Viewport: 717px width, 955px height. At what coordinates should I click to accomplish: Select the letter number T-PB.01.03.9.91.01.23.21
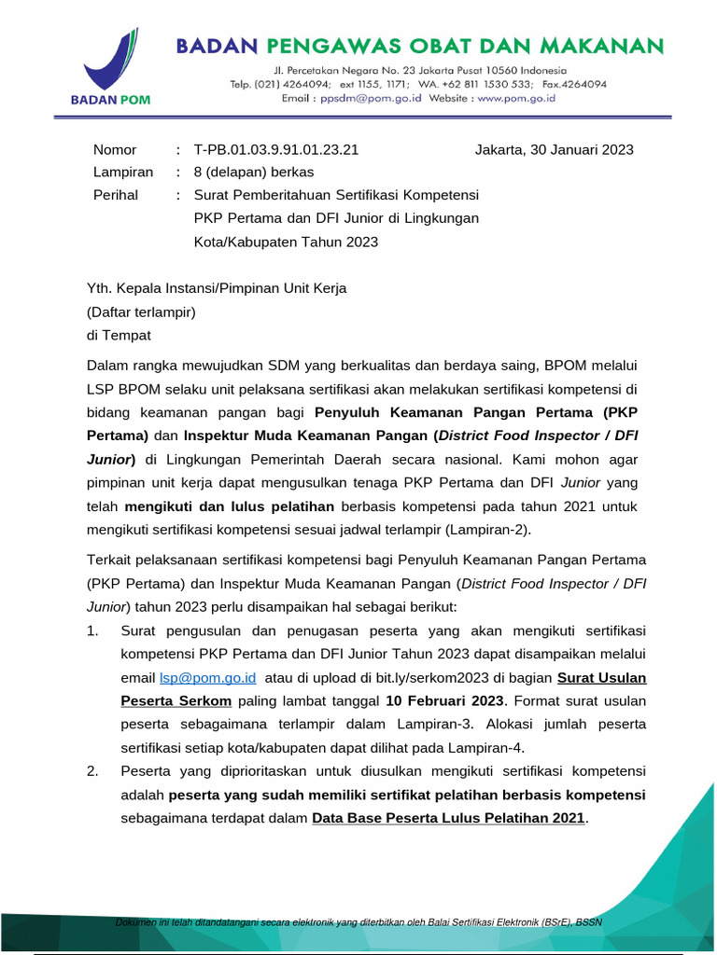[x=275, y=149]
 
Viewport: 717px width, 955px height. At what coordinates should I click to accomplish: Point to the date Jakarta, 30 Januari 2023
[x=554, y=149]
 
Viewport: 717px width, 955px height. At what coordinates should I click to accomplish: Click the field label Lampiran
[x=122, y=172]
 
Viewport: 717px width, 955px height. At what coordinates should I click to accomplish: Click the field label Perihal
[x=116, y=195]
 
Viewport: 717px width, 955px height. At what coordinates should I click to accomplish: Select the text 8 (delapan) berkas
[x=254, y=172]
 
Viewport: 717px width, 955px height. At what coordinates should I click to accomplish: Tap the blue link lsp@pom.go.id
[x=202, y=677]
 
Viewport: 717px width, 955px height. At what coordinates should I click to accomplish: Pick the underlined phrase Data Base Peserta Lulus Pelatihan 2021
[x=448, y=818]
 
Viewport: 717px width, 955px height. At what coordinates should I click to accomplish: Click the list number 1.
[x=92, y=630]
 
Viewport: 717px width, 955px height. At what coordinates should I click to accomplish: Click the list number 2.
[x=92, y=771]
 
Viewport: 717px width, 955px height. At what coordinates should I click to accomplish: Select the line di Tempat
[x=119, y=335]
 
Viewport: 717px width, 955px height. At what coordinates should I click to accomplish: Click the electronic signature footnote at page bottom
[x=358, y=922]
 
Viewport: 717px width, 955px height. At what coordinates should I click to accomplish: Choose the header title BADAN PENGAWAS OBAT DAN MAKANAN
[x=420, y=46]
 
